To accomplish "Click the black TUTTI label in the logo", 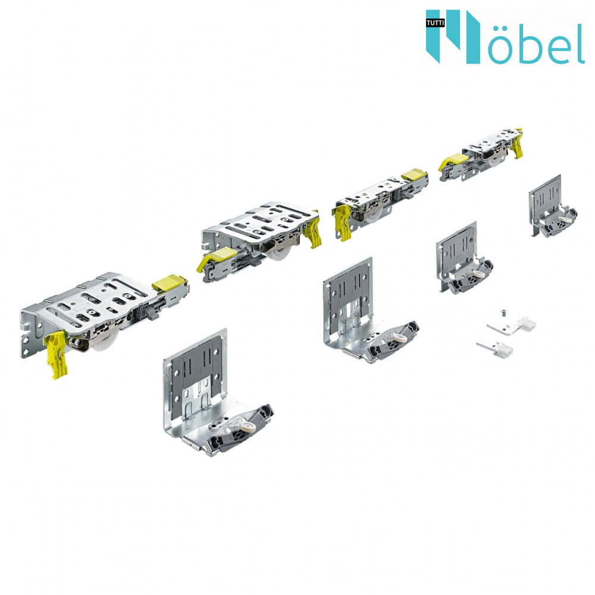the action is tap(435, 23).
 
